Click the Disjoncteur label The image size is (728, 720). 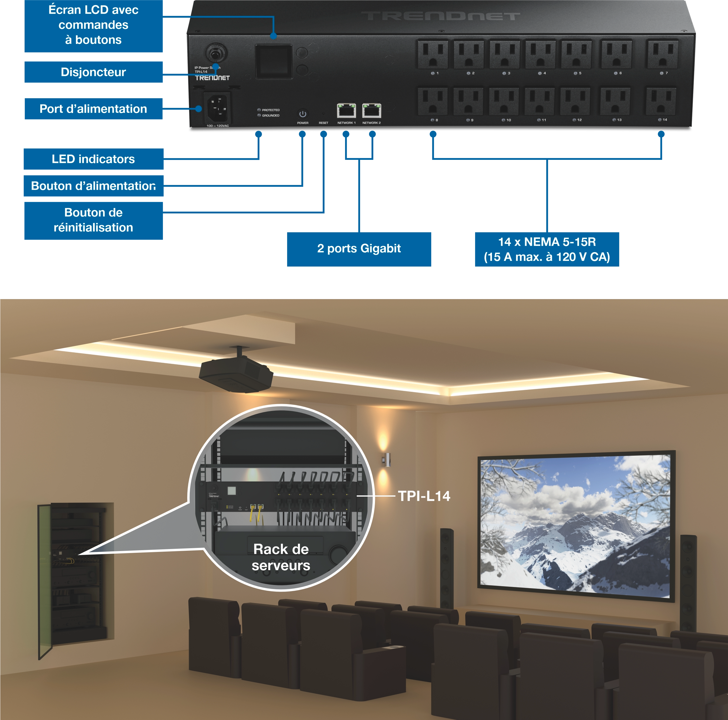[x=93, y=72]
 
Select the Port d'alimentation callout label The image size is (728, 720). [x=93, y=109]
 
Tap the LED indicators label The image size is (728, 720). [x=93, y=159]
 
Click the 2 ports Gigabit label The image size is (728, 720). [x=359, y=249]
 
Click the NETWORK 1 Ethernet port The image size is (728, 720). [x=346, y=110]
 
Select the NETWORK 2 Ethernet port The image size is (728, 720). [x=372, y=110]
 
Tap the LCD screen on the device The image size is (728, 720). [x=274, y=61]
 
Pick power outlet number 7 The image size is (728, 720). [x=663, y=55]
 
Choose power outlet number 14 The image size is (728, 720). [x=661, y=101]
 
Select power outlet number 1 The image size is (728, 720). [x=433, y=55]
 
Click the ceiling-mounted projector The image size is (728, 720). [x=236, y=375]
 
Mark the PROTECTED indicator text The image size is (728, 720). [x=271, y=110]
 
